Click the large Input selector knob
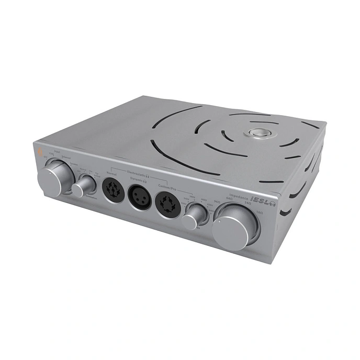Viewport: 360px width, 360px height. point(52,177)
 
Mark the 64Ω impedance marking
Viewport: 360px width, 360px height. point(229,198)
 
